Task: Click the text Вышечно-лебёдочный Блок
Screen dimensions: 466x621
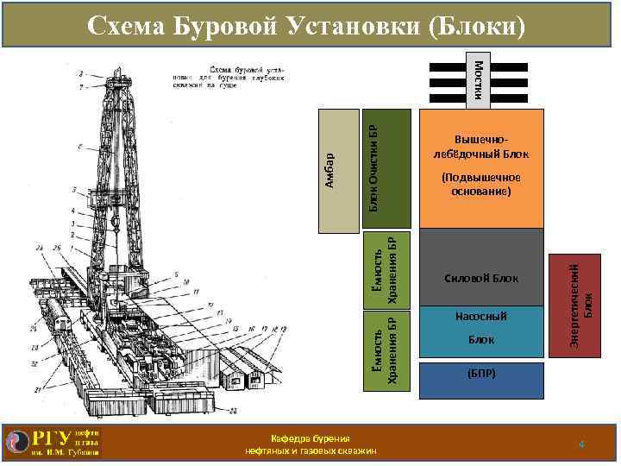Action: pos(482,148)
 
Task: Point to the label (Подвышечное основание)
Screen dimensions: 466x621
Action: pos(482,185)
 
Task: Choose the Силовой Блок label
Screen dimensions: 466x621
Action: pos(482,279)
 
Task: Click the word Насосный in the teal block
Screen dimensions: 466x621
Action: pos(482,317)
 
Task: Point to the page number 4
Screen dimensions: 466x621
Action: pos(582,444)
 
